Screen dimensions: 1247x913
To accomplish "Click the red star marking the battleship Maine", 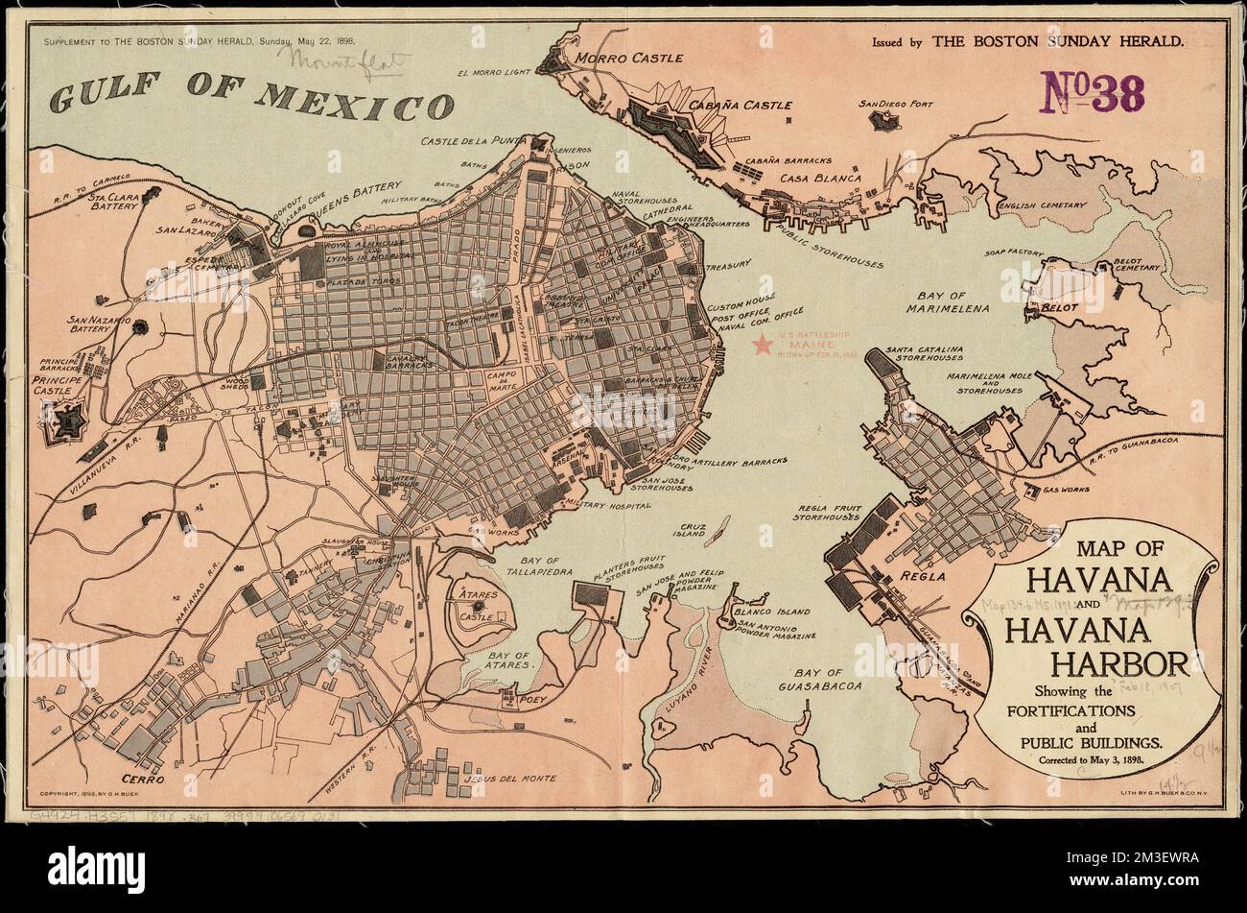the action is (763, 344).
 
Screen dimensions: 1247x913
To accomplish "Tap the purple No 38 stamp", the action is (1093, 94).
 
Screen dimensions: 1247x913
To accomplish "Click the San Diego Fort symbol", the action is (883, 120).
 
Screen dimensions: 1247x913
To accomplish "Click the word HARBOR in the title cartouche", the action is (1119, 662).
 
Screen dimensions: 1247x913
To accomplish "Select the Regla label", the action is (922, 578).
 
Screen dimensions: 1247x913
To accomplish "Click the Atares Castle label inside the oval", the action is (477, 606).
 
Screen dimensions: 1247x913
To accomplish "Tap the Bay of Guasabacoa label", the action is (828, 680).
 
